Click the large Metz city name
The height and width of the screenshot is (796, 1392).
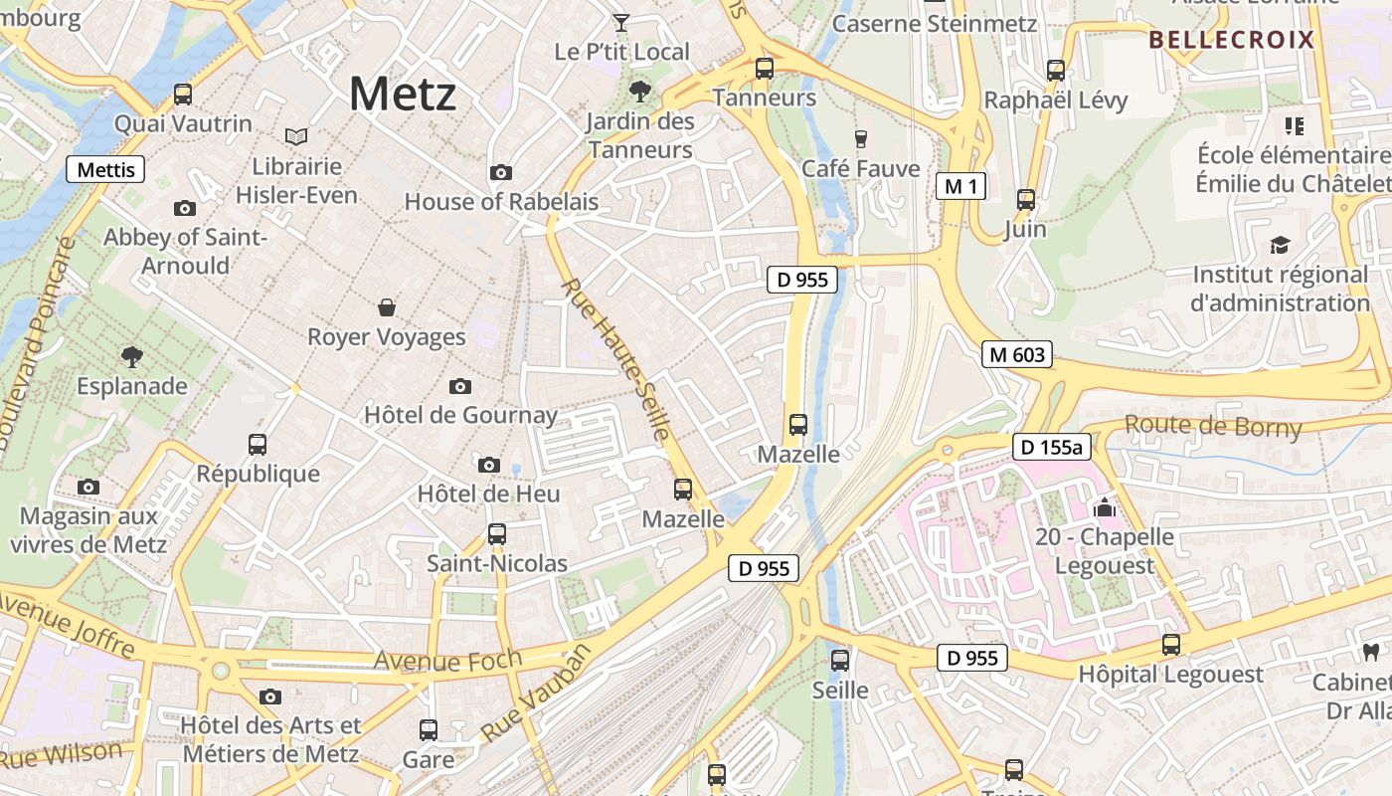[403, 95]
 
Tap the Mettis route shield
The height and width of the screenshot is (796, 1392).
[105, 169]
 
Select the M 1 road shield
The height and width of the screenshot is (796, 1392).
[960, 185]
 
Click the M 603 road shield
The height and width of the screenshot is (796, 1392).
[1017, 353]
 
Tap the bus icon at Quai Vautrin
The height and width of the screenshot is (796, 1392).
[183, 95]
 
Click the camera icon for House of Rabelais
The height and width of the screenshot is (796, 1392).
[501, 172]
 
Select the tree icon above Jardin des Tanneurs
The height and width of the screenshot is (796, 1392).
[640, 93]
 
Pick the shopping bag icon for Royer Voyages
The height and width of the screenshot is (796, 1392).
[387, 307]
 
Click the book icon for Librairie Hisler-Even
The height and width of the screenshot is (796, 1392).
[296, 136]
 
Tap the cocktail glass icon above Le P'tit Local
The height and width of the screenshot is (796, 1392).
[621, 22]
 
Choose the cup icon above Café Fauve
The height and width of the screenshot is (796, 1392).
[861, 139]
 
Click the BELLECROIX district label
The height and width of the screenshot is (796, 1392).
[1231, 40]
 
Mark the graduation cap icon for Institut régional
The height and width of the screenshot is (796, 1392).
[1280, 245]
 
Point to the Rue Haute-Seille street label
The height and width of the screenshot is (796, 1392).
[615, 359]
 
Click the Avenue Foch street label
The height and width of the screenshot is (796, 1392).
[447, 660]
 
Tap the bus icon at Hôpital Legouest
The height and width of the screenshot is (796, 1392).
[1171, 644]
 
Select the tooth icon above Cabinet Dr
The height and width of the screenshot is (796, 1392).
[1370, 652]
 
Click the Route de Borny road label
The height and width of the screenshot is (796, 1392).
[1213, 427]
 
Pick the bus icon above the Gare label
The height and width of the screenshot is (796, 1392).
[429, 730]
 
